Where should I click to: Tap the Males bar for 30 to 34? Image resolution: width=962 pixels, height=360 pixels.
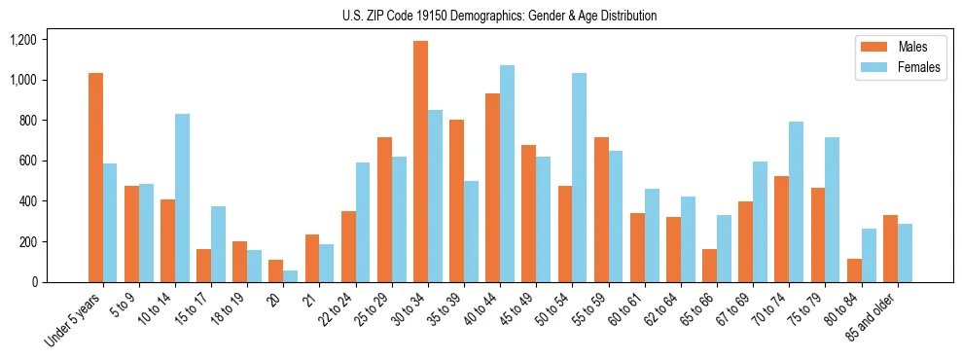click(420, 162)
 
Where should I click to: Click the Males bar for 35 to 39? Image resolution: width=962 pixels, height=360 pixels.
click(456, 200)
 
